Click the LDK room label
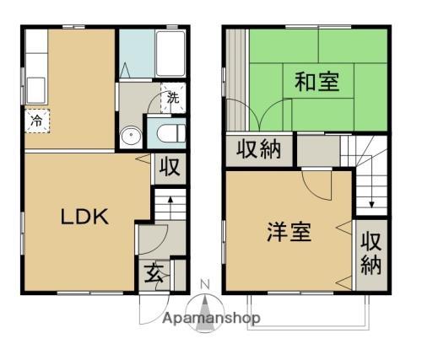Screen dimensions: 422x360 pos(84,217)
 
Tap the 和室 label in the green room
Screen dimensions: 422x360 pos(316,82)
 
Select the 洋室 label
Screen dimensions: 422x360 pos(289,232)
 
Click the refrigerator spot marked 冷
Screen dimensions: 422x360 pos(37,121)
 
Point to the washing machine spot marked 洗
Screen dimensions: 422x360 pos(173,98)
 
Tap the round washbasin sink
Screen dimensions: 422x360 pos(131,135)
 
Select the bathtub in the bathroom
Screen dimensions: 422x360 pos(170,54)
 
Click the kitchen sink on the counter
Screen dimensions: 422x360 pos(36,90)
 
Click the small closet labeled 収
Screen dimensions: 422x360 pos(170,168)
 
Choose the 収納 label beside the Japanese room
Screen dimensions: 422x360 pos(259,149)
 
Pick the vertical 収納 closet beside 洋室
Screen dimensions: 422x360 pos(371,255)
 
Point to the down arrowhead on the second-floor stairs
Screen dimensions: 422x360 pos(371,205)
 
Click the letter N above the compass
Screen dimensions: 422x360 pos(205,285)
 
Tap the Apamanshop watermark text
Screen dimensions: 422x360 pos(211,319)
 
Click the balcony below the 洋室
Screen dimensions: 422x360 pos(308,311)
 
